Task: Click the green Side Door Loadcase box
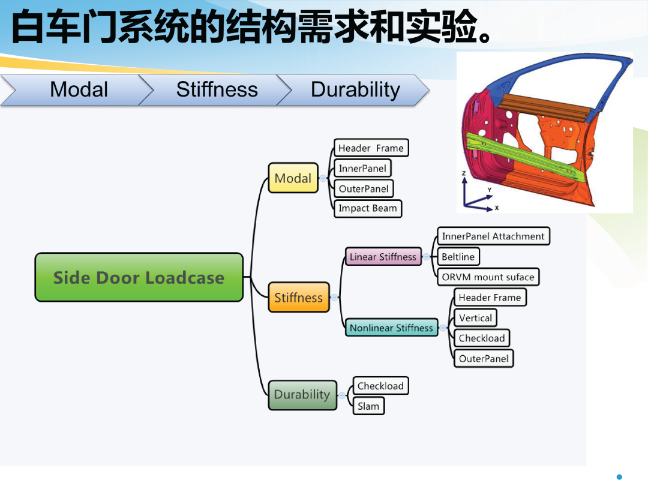[139, 277]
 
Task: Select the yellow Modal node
[293, 178]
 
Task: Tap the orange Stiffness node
[298, 297]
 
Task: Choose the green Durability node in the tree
[302, 395]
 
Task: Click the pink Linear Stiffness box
[383, 257]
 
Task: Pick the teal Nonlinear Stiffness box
[391, 328]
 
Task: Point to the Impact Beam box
[368, 208]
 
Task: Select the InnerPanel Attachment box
[493, 236]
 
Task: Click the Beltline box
[458, 257]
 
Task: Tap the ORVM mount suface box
[488, 277]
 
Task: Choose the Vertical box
[475, 318]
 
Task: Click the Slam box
[368, 406]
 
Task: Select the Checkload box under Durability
[380, 386]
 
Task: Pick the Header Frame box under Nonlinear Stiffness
[490, 297]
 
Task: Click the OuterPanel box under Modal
[364, 188]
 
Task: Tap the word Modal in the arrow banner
[79, 89]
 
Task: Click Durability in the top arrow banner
[355, 89]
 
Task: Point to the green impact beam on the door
[526, 157]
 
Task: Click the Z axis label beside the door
[464, 173]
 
